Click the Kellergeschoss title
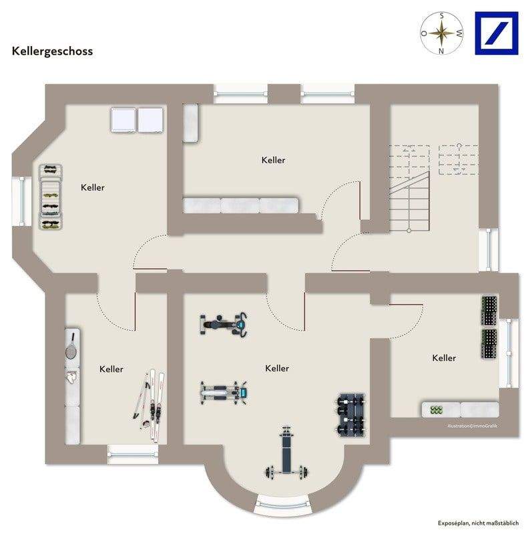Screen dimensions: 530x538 (x=52, y=51)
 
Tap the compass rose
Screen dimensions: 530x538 (x=442, y=33)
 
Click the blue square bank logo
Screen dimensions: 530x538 (x=497, y=33)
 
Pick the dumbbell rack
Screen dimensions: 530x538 (x=350, y=415)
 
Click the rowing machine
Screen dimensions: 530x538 (x=224, y=392)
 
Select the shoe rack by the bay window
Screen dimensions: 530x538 (x=51, y=197)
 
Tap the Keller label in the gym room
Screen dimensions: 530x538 (x=277, y=368)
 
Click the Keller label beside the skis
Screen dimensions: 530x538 (x=111, y=369)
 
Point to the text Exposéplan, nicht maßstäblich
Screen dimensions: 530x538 (x=478, y=523)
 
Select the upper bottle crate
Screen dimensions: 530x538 (x=489, y=311)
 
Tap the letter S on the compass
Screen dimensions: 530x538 (x=442, y=15)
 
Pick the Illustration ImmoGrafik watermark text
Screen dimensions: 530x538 (x=473, y=426)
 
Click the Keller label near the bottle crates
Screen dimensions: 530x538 (x=444, y=358)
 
